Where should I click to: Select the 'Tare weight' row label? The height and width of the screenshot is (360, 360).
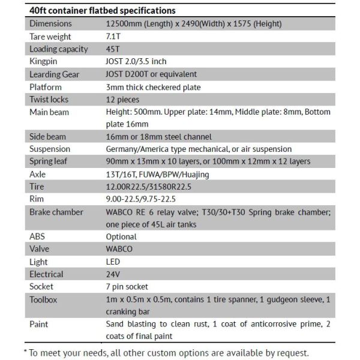click(x=50, y=36)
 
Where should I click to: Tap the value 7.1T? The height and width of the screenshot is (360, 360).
click(x=113, y=36)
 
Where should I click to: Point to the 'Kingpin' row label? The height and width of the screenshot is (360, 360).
click(x=44, y=61)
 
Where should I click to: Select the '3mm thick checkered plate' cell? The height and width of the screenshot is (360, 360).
click(x=153, y=87)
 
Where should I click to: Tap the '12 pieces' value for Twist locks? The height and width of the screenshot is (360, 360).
click(x=122, y=100)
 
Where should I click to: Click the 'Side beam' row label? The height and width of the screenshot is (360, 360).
click(x=47, y=137)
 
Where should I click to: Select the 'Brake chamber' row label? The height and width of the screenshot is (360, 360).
click(x=57, y=212)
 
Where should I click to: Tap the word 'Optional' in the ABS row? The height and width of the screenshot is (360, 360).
click(x=121, y=236)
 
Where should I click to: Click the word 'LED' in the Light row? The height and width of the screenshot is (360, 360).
click(x=113, y=262)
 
